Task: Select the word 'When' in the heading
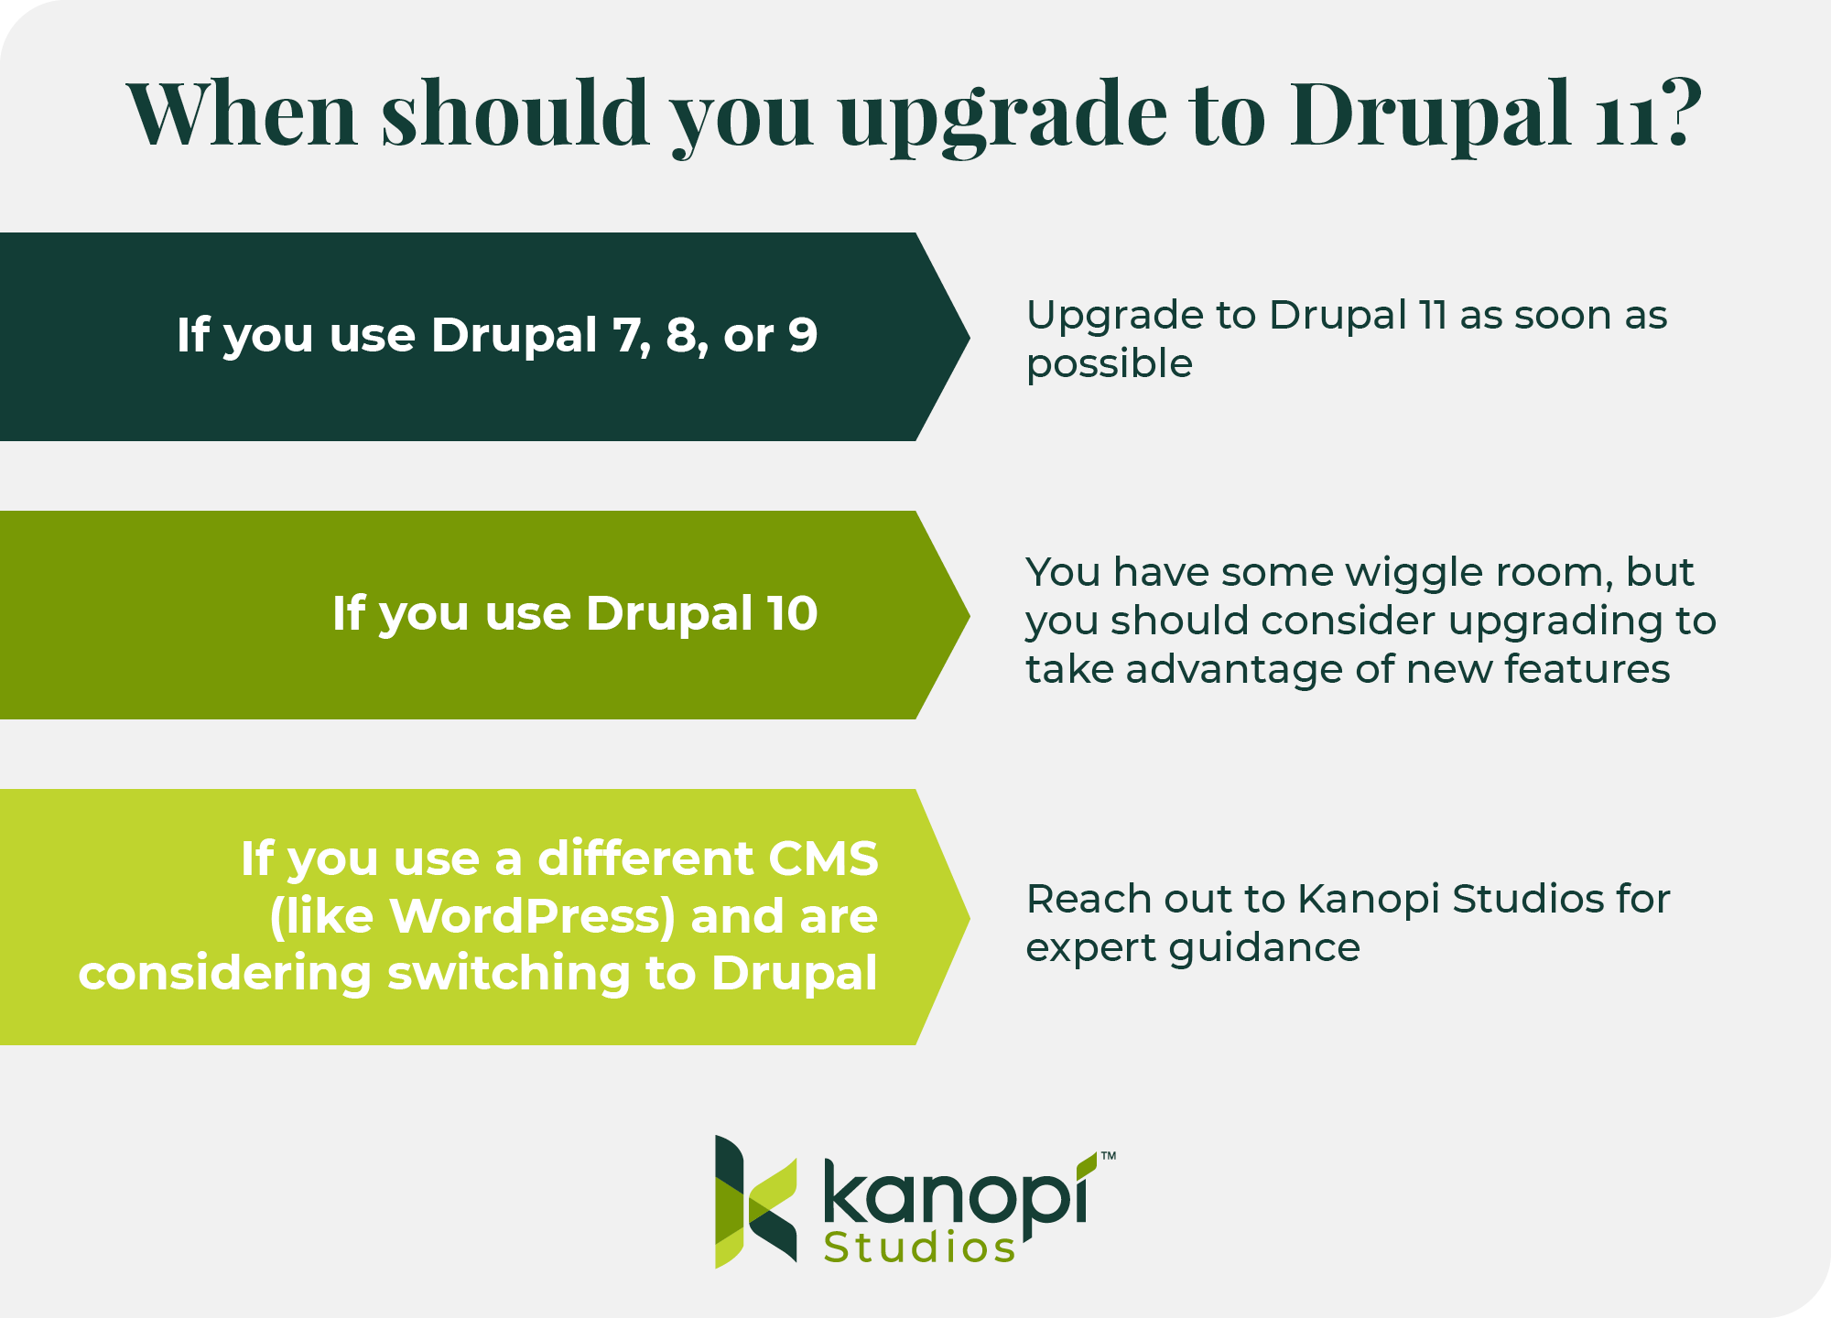(x=242, y=114)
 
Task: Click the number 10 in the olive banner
(x=792, y=613)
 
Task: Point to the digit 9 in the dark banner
(x=802, y=335)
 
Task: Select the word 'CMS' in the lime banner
(x=822, y=859)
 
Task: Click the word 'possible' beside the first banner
(x=1109, y=365)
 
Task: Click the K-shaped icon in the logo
(x=754, y=1201)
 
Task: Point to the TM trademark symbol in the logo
(x=1108, y=1156)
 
